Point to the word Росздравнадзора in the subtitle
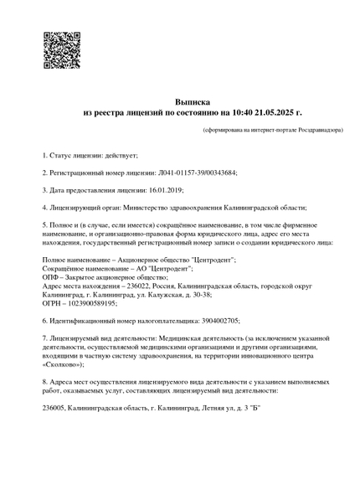coord(319,131)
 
